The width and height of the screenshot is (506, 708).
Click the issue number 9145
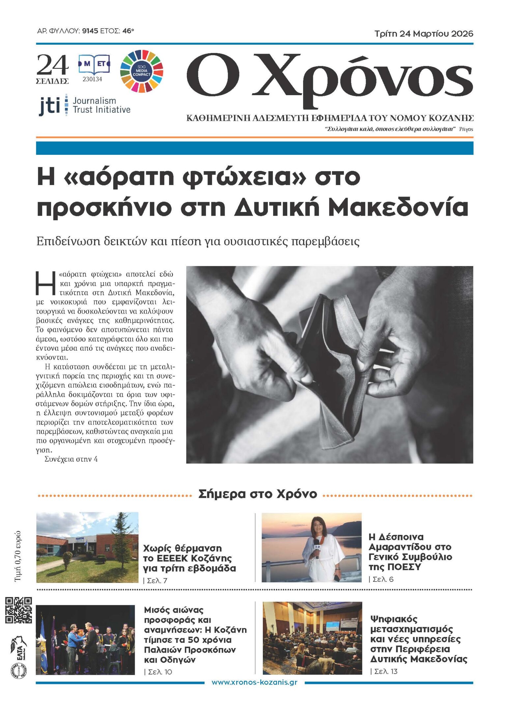90,31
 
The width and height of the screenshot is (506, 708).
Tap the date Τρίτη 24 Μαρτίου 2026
424,34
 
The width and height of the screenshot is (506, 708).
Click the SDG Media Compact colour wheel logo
142,71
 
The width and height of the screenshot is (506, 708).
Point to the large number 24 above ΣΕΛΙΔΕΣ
52,65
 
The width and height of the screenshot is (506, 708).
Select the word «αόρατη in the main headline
119,177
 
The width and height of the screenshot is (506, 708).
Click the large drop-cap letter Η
45,284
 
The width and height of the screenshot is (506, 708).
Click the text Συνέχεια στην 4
71,459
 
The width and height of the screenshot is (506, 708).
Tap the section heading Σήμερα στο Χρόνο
257,494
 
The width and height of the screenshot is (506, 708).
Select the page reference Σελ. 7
157,581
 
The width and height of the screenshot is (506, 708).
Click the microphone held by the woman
317,546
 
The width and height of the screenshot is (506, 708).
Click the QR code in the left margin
18,610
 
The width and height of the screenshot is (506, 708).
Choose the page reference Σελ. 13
385,671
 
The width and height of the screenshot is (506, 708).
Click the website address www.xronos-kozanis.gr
254,682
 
